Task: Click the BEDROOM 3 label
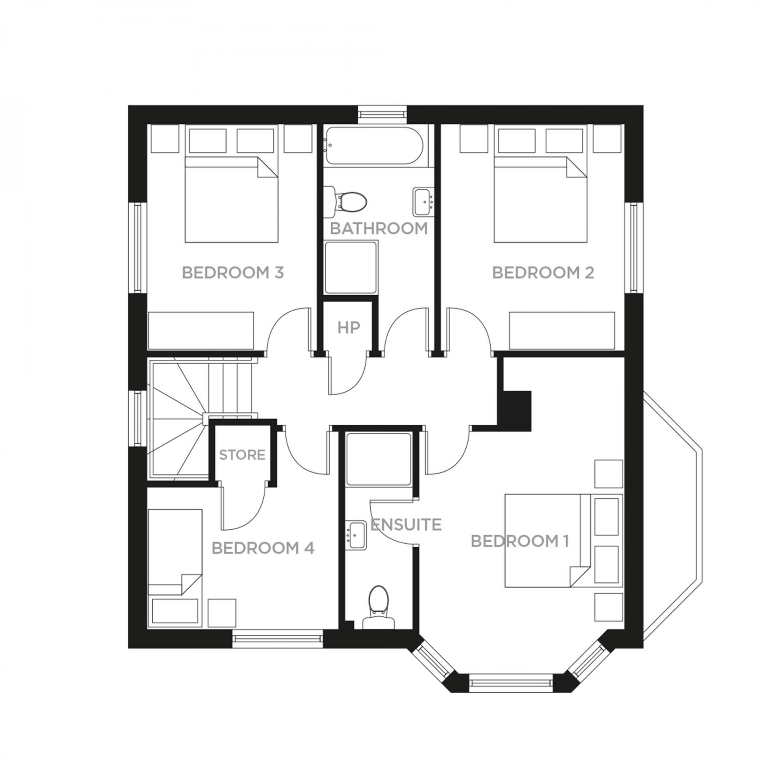[x=233, y=273]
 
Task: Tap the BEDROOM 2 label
[x=543, y=273]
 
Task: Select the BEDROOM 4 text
[x=263, y=548]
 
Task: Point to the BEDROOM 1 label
[x=520, y=541]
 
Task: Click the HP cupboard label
[x=349, y=327]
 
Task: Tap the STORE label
[x=242, y=455]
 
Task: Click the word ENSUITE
[x=406, y=525]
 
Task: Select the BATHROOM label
[x=379, y=228]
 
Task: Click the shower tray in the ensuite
[x=379, y=459]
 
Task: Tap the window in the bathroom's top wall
[x=382, y=114]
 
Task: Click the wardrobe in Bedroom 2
[x=562, y=331]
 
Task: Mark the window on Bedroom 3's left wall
[x=138, y=248]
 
